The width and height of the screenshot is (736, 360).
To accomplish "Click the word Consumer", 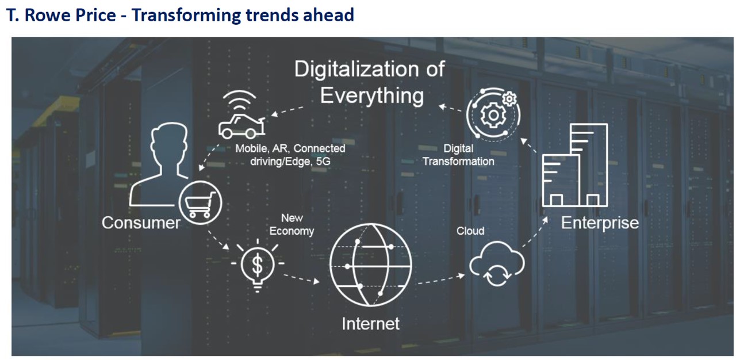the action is click(141, 223).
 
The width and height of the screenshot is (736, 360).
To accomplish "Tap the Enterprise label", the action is click(600, 223).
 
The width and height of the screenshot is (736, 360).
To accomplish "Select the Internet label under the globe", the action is click(370, 324).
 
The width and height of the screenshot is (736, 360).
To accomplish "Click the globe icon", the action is click(370, 265).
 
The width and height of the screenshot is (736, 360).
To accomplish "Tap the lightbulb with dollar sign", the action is click(258, 265).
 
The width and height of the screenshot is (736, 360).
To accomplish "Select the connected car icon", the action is click(242, 127).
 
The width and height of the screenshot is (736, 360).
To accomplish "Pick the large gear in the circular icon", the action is click(493, 115).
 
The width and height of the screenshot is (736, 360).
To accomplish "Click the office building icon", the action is click(575, 165).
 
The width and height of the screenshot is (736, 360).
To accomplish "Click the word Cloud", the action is click(470, 231).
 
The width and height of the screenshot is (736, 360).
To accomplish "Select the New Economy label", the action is click(292, 225).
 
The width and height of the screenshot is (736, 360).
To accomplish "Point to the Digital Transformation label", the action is click(458, 155).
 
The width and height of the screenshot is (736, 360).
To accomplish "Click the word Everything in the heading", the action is click(372, 95).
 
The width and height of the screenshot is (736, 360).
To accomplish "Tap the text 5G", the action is click(323, 161).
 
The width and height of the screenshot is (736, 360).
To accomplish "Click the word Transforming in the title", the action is click(186, 16).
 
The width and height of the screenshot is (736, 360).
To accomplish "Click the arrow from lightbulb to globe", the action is click(301, 278).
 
